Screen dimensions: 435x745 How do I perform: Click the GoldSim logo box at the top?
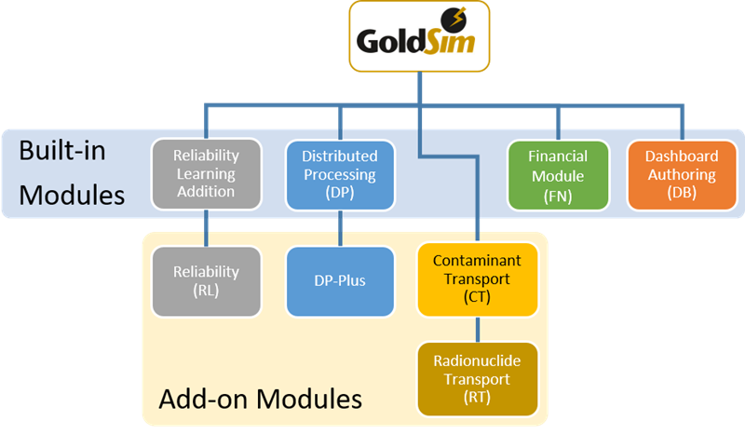tap(419, 37)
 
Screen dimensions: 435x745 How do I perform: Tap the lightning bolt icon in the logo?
tap(457, 18)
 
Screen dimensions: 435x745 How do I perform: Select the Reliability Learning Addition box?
tap(206, 174)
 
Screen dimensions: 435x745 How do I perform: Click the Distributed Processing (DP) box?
tap(340, 174)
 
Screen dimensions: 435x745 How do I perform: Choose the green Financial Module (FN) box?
tap(558, 174)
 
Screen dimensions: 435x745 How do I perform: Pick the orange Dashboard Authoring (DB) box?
tap(682, 174)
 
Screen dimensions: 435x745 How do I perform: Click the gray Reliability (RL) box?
tap(206, 281)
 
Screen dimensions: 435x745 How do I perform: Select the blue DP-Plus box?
tap(340, 281)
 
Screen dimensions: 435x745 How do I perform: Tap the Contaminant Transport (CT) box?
tap(478, 279)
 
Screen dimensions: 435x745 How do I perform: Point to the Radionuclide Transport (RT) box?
tap(478, 379)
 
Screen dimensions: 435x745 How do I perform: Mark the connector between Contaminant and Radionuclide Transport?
tap(478, 329)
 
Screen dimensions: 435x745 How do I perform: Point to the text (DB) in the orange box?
tap(682, 193)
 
